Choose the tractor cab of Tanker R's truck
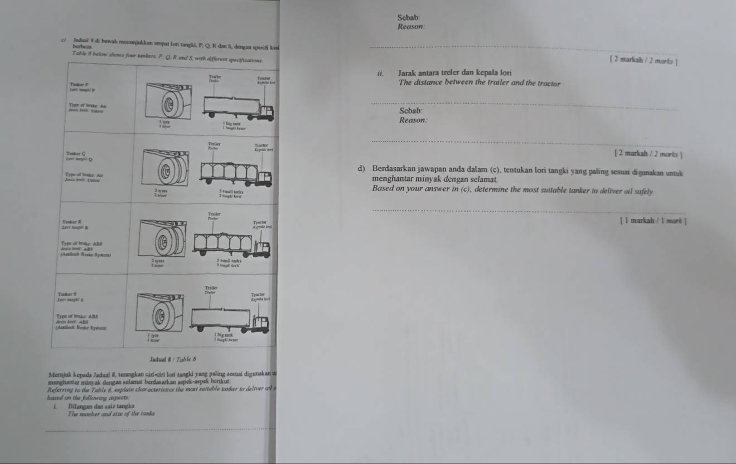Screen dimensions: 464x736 coord(263,247)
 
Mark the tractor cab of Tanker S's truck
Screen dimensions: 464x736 coord(261,322)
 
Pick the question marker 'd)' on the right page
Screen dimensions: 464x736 coord(362,168)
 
